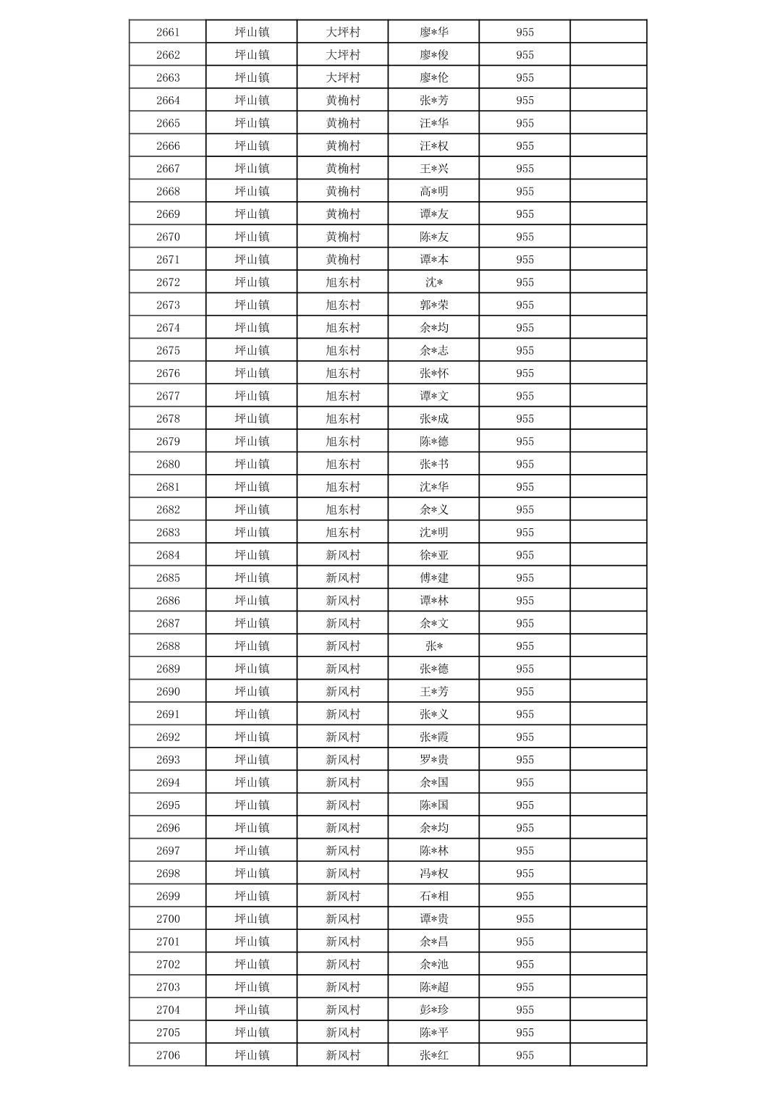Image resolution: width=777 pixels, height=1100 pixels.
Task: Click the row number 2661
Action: [168, 32]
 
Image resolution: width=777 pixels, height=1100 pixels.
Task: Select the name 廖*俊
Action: [434, 55]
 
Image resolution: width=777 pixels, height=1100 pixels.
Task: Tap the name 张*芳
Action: [434, 101]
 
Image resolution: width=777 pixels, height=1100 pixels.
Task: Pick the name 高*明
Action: [434, 191]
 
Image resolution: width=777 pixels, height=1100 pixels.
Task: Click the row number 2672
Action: [168, 282]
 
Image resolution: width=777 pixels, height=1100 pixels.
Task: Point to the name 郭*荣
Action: [434, 305]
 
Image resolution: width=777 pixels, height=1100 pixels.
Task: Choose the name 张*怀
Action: [434, 373]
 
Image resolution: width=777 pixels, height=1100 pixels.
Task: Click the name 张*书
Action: [434, 464]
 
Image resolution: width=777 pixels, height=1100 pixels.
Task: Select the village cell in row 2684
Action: [343, 555]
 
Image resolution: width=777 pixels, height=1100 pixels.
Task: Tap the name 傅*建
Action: [434, 577]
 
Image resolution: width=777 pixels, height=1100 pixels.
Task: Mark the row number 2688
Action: [168, 646]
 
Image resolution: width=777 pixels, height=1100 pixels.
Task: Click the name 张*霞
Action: [434, 737]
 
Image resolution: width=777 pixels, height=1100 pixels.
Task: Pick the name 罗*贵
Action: [434, 760]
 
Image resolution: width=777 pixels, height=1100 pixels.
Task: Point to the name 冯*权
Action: [434, 873]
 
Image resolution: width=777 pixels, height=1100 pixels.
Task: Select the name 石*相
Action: [434, 896]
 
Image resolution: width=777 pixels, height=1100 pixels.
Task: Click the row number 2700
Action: [168, 919]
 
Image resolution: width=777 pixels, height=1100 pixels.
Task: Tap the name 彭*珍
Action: [434, 1010]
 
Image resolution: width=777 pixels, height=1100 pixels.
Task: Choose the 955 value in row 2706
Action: [525, 1055]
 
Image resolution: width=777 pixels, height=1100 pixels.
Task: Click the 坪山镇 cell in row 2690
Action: [252, 691]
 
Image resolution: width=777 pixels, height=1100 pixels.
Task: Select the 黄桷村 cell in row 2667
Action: [343, 169]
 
